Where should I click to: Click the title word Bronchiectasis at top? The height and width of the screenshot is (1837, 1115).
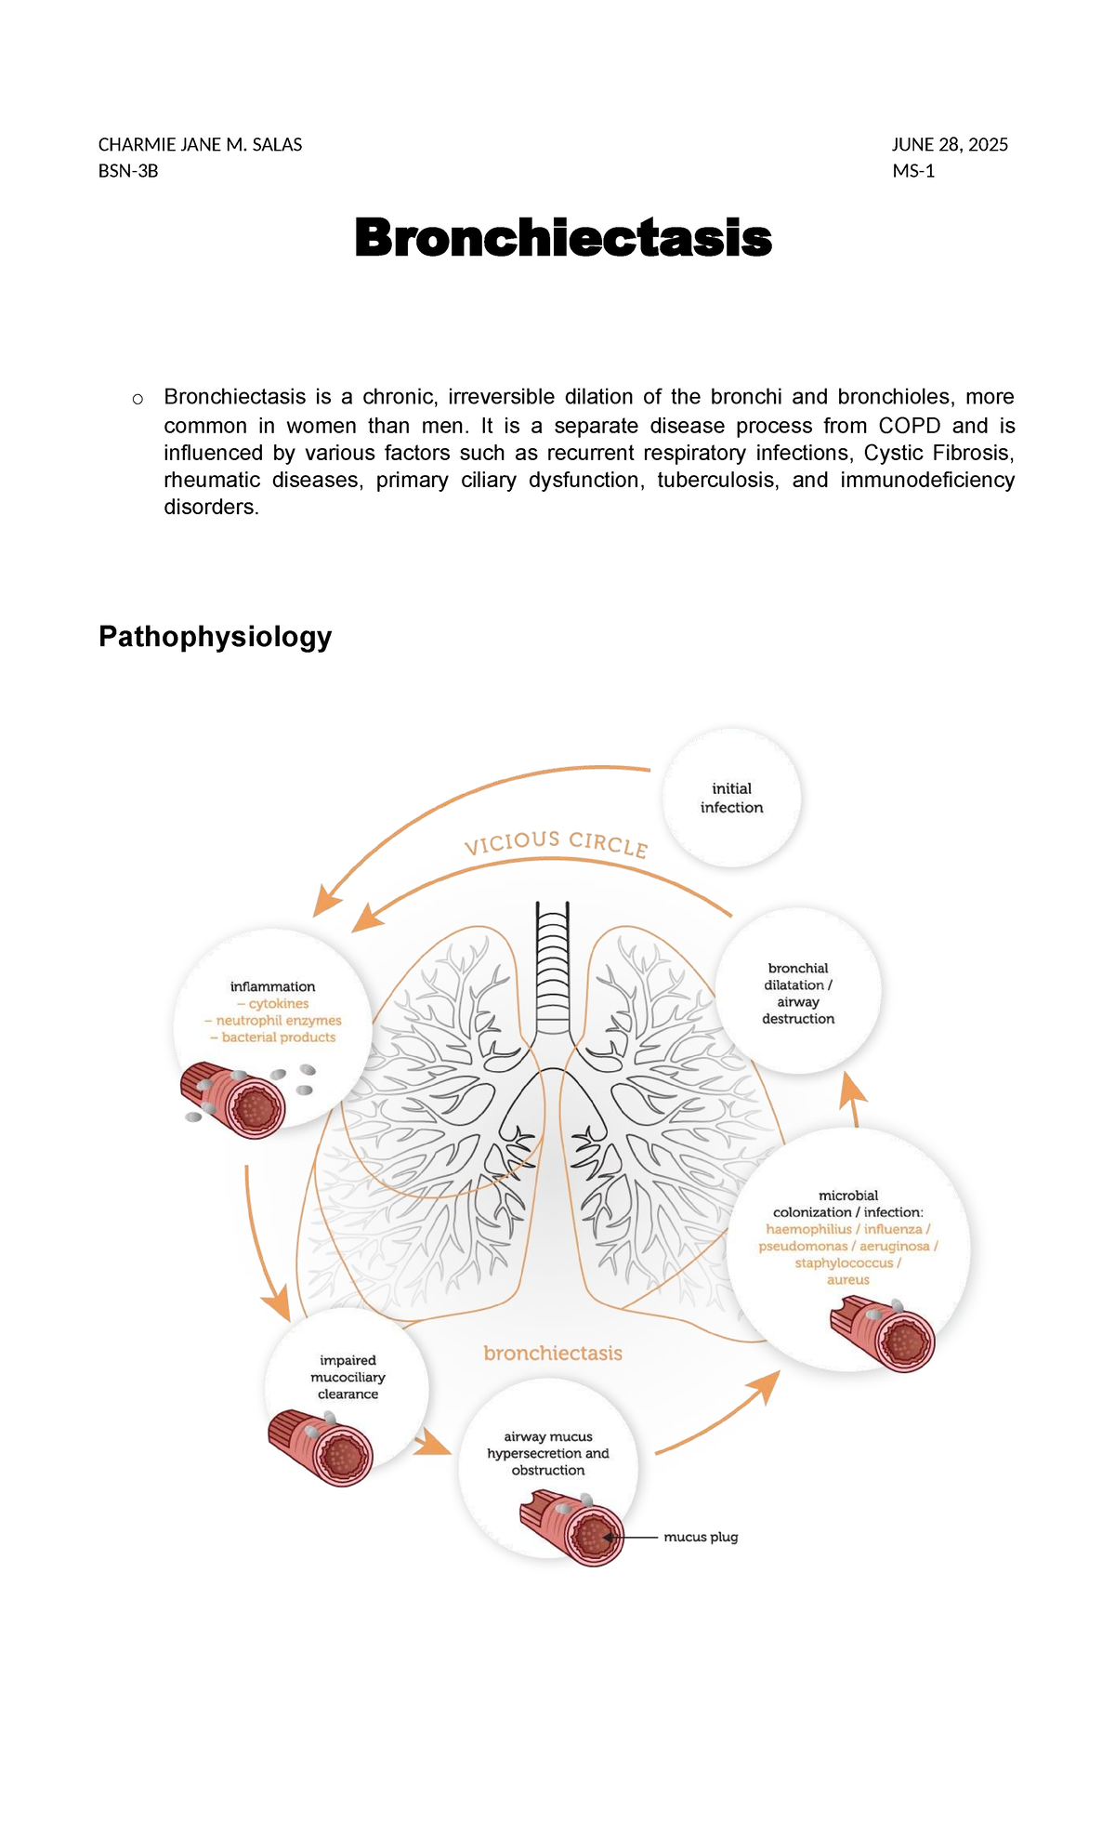pos(563,238)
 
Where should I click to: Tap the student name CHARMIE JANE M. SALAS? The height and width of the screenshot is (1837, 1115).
pos(200,145)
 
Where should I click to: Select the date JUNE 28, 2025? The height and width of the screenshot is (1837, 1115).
pos(950,145)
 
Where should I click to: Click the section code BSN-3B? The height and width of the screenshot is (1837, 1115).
pos(128,171)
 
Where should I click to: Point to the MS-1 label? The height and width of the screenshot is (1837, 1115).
pos(912,171)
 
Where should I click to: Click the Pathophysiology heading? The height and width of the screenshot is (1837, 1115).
pos(215,637)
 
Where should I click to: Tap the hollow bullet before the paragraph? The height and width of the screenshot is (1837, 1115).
pos(138,400)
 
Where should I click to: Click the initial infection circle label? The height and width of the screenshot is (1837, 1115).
pos(731,798)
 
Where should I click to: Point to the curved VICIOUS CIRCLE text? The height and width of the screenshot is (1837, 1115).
pos(556,842)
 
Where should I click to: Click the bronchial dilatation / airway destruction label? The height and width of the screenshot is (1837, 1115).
pos(798,993)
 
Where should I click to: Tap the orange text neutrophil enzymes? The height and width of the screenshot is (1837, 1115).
pos(279,1021)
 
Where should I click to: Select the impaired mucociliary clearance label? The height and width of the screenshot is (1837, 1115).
pos(348,1377)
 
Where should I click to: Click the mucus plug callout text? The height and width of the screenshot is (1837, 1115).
pos(701,1537)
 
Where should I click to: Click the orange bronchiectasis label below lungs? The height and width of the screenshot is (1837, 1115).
pos(553,1354)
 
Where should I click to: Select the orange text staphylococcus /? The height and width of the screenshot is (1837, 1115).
pos(847,1262)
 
